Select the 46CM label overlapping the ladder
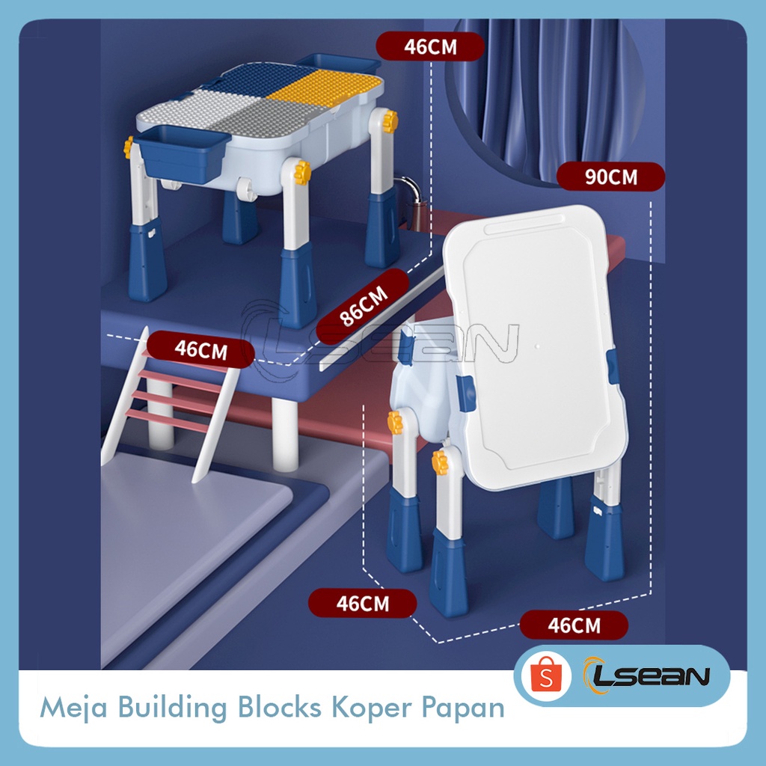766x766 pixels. coord(200,349)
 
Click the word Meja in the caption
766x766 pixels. coord(67,708)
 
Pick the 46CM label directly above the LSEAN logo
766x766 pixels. coord(574,625)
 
